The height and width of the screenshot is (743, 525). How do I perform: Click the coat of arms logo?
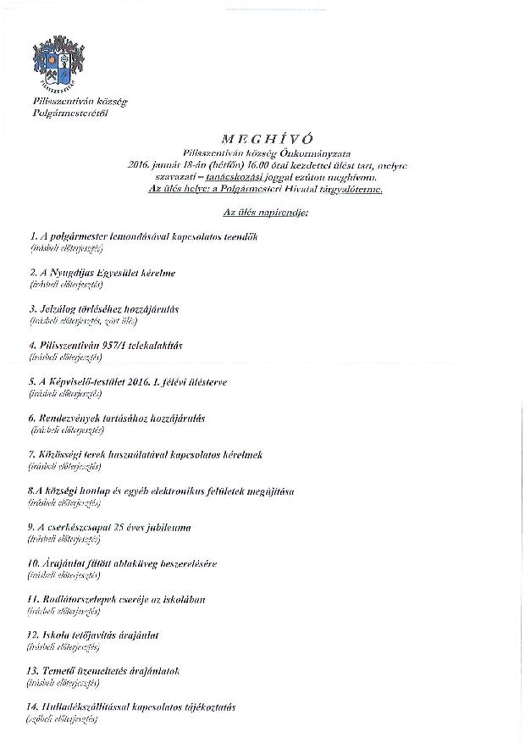[58, 63]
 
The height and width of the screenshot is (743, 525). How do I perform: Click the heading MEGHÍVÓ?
[262, 137]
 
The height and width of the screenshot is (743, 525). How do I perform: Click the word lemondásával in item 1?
[135, 235]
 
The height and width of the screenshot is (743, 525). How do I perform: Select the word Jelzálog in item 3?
[61, 309]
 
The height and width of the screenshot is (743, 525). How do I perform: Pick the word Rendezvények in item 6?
[77, 419]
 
